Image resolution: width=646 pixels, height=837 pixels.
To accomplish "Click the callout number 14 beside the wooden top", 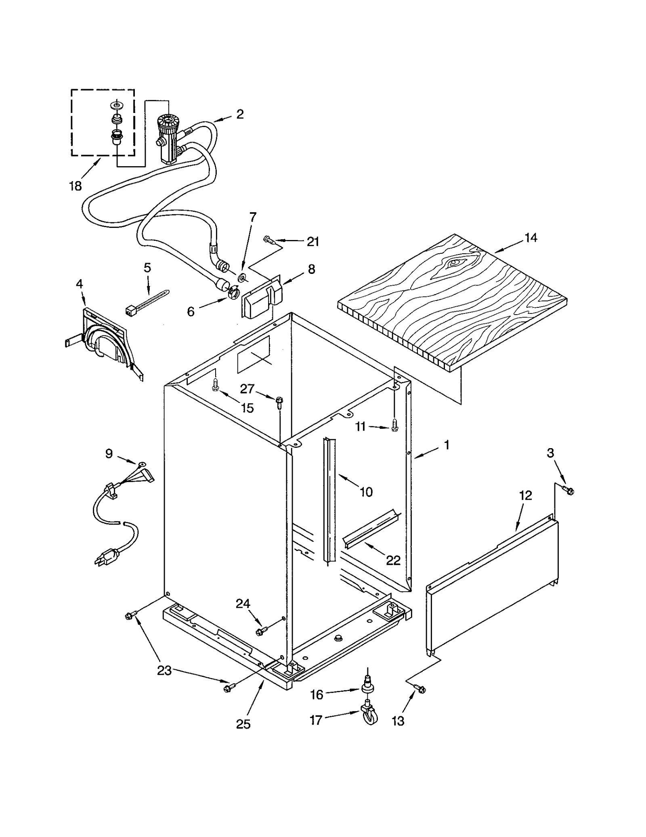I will [x=531, y=238].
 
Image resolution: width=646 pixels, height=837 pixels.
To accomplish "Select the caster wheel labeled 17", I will [x=369, y=720].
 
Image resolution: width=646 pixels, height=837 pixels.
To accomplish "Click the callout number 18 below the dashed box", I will [x=76, y=186].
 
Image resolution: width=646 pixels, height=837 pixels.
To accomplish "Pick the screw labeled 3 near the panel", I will [x=569, y=491].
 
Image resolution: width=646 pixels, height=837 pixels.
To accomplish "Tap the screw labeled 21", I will [x=269, y=240].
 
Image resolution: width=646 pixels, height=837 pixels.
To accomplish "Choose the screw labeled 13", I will [x=420, y=689].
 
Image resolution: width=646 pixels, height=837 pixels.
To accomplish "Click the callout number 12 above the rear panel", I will [x=525, y=495].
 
